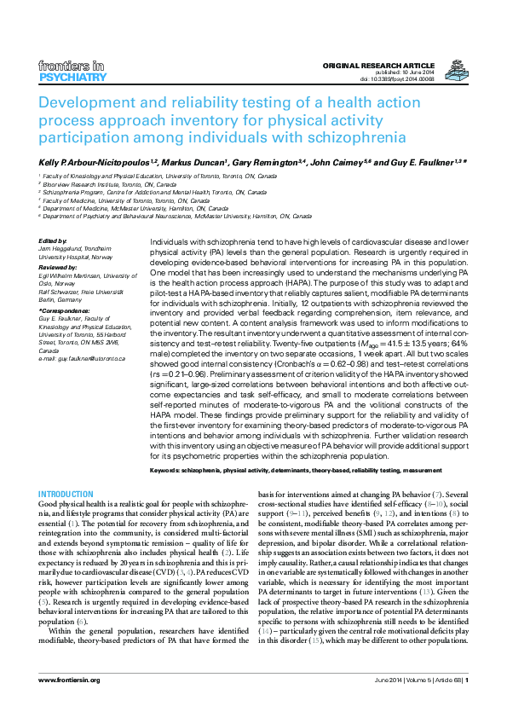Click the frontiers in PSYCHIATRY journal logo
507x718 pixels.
click(x=73, y=72)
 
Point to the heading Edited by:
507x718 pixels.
click(x=53, y=241)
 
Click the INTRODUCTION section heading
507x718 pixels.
click(x=66, y=495)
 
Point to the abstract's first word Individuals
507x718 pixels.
click(x=170, y=243)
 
